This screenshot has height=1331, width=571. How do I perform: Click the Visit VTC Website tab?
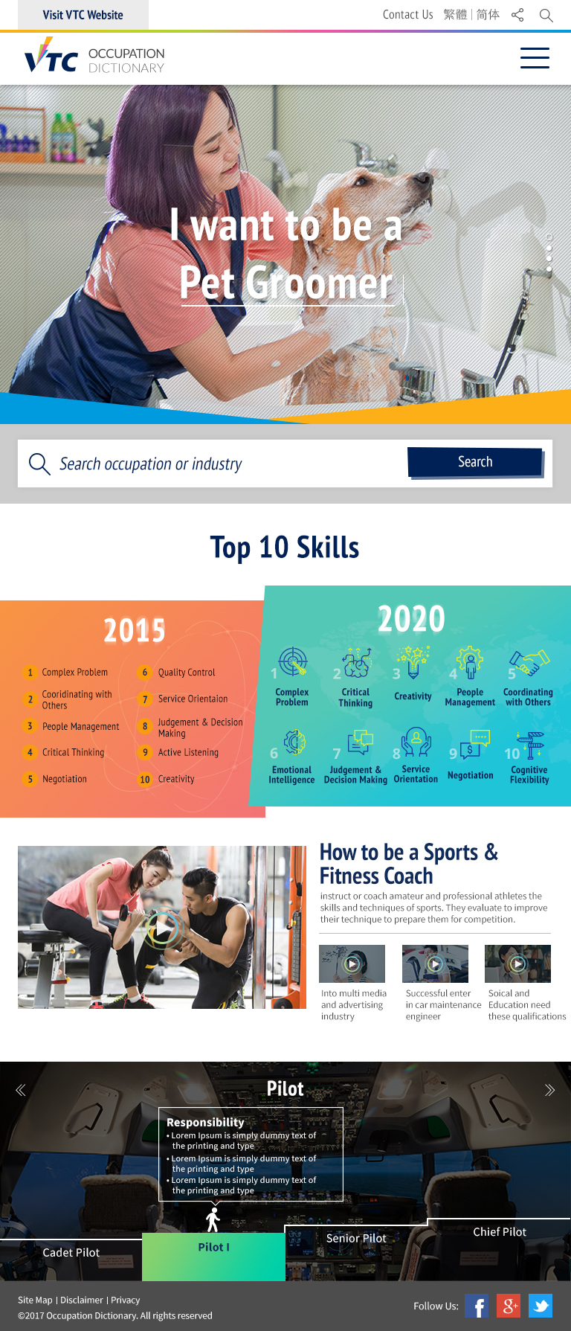pos(83,15)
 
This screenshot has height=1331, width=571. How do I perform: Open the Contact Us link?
pos(407,15)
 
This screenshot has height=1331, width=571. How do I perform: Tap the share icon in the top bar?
pos(517,15)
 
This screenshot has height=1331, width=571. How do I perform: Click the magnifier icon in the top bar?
pos(546,16)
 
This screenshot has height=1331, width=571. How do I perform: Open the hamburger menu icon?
pos(535,58)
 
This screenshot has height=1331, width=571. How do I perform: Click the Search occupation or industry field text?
pos(150,464)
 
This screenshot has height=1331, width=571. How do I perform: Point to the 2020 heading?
pos(411,619)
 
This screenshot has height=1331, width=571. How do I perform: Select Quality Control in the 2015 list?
pos(187,673)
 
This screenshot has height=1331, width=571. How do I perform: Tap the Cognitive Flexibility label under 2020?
pos(529,774)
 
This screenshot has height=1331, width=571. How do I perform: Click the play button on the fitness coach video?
pos(162,927)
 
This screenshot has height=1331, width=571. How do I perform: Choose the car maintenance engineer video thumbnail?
pos(435,963)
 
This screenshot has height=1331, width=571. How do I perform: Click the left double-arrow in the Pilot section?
pos(21,1090)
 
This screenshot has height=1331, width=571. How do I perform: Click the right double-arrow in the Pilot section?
pos(549,1090)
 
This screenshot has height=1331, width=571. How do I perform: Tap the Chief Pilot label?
pos(500,1232)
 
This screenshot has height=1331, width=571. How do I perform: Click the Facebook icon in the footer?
pos(477,1306)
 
